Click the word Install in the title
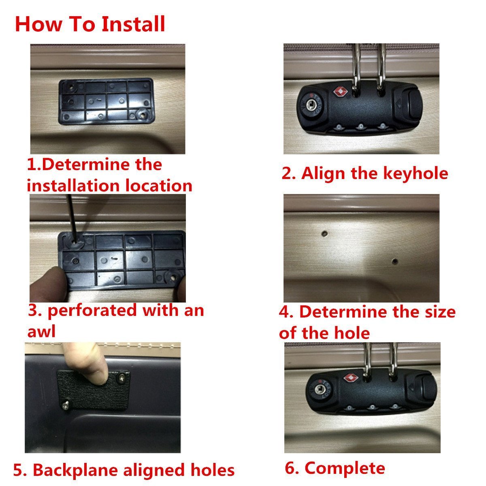[x=133, y=24]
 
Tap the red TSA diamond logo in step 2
[x=341, y=91]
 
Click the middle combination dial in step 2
[x=361, y=126]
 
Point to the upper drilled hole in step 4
[x=325, y=233]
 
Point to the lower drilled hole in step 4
[x=395, y=261]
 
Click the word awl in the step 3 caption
[x=41, y=331]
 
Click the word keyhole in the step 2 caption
[x=416, y=173]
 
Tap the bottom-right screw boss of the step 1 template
[x=143, y=115]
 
